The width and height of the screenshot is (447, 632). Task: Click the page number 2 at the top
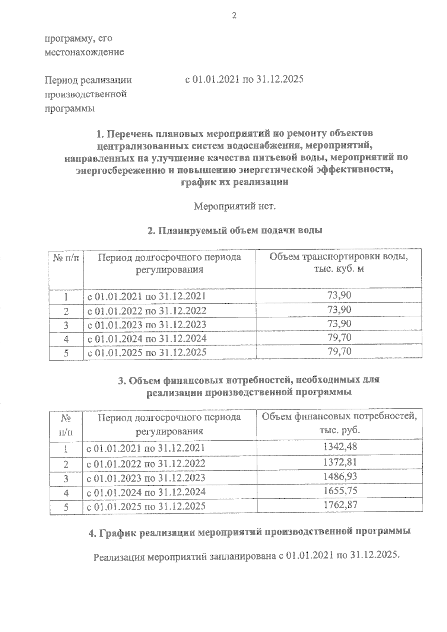pos(234,16)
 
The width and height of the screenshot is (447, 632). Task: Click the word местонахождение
pos(84,52)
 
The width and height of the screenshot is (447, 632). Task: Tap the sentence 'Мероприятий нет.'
pos(235,206)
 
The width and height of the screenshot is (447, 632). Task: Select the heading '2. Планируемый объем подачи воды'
pos(235,231)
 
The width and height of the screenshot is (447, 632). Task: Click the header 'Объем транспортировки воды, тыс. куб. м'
pos(339,263)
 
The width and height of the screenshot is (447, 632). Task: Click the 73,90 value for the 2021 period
pos(339,296)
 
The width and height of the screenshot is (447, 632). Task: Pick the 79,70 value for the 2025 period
pos(339,351)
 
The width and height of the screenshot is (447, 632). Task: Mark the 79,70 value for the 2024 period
pos(339,338)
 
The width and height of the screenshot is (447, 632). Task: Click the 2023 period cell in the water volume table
pos(146,325)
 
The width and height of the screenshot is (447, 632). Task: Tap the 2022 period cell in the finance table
pos(146,463)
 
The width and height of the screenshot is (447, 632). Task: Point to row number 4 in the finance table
pos(66,493)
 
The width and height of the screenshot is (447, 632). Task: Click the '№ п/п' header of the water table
pos(66,258)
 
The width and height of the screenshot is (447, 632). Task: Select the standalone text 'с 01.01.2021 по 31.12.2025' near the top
pos(244,80)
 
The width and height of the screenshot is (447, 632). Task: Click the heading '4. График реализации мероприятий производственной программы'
pos(250,533)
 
